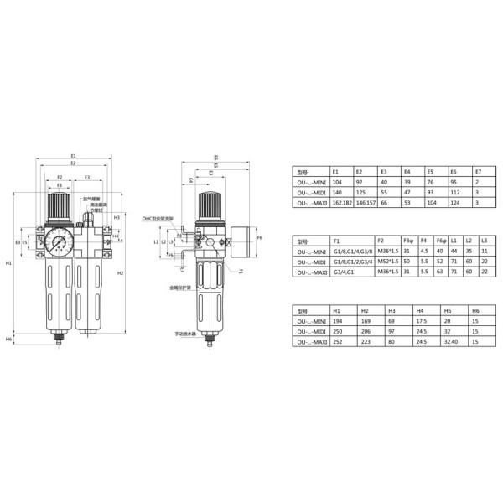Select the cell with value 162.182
click(344, 203)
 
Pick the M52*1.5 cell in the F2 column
click(385, 260)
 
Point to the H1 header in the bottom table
click(337, 309)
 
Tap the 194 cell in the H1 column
click(338, 320)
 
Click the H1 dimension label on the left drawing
click(8, 263)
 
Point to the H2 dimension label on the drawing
click(121, 273)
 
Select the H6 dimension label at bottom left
click(8, 339)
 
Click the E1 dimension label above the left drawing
click(73, 157)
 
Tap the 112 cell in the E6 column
click(454, 192)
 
